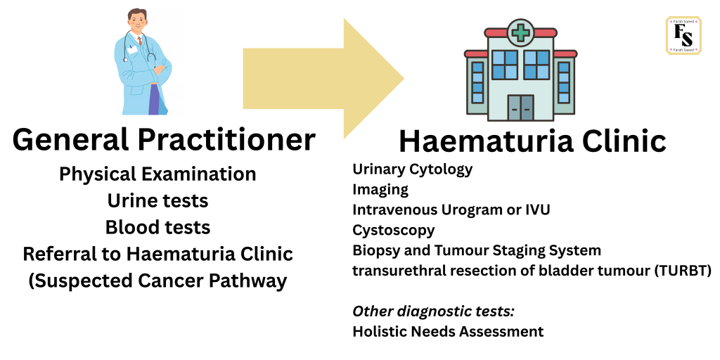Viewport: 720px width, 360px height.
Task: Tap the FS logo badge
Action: coord(683,35)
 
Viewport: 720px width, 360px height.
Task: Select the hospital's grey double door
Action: coord(520,108)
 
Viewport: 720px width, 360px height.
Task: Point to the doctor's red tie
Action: coord(140,40)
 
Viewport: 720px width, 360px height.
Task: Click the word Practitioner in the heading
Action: coord(227,140)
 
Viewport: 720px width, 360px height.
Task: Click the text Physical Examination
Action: coord(157,174)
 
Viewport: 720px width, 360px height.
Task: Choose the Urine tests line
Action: coord(157,200)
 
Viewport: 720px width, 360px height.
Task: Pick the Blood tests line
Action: coord(157,227)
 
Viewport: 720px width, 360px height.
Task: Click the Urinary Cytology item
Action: coord(412,169)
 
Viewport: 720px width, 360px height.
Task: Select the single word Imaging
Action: coord(380,190)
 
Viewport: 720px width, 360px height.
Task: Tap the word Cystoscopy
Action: coord(394,230)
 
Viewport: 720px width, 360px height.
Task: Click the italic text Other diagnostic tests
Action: coord(433,311)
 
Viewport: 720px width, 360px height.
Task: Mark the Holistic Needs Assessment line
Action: coord(448,331)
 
